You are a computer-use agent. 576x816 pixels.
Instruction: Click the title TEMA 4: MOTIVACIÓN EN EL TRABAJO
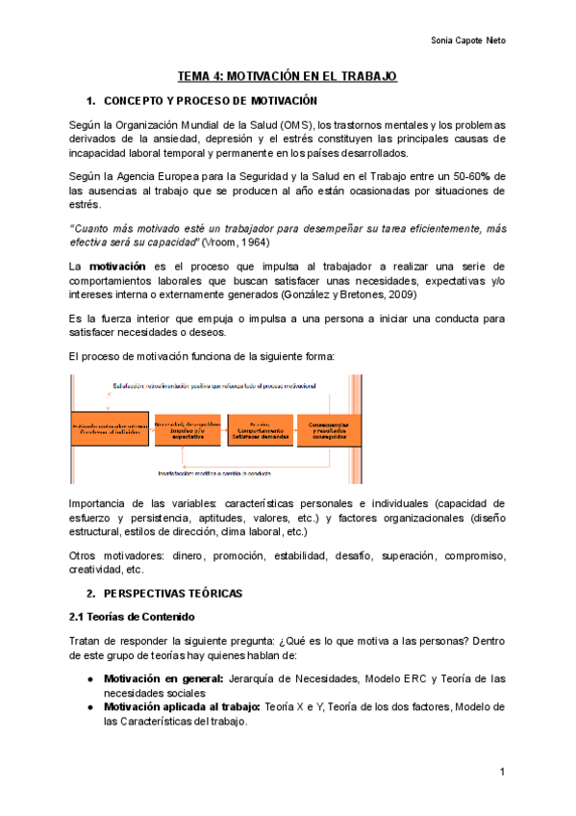(288, 76)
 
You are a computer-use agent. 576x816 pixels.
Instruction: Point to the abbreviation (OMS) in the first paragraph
(297, 126)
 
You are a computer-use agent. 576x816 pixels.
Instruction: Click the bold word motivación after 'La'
(117, 265)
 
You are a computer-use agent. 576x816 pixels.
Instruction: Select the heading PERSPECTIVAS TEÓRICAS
(174, 592)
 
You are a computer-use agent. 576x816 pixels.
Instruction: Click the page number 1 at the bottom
(502, 773)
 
